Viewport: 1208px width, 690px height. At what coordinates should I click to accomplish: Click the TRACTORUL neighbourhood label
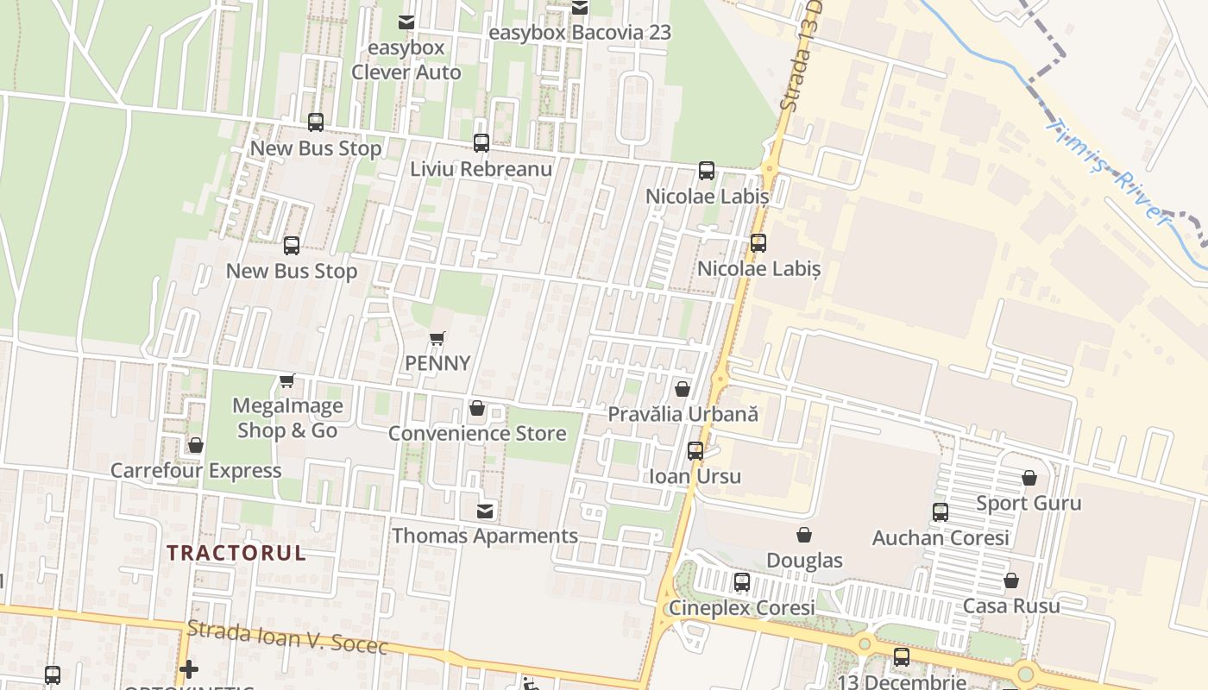(236, 553)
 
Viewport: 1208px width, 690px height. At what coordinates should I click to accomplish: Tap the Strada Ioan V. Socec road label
(287, 637)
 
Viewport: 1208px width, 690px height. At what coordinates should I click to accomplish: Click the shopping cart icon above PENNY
(437, 338)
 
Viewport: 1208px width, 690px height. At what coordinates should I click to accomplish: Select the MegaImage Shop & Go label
(287, 417)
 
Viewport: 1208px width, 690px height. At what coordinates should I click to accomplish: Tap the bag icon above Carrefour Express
(196, 445)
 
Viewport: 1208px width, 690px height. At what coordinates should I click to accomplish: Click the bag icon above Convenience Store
(476, 408)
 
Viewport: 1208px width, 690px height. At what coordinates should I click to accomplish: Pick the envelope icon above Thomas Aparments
(485, 511)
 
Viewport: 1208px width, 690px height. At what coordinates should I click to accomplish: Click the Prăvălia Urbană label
(683, 414)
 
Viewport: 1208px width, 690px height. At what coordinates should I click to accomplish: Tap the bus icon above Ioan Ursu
(695, 451)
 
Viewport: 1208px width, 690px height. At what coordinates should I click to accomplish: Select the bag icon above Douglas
(804, 535)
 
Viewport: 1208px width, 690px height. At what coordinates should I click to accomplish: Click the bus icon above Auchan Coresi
(941, 512)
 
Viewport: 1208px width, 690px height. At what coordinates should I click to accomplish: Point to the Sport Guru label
(1029, 503)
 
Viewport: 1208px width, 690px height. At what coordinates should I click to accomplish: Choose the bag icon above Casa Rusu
(1010, 580)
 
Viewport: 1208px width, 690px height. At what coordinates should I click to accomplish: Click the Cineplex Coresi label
(742, 608)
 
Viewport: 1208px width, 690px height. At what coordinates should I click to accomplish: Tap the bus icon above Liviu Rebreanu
(481, 143)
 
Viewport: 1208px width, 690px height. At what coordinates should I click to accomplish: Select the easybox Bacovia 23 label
(579, 33)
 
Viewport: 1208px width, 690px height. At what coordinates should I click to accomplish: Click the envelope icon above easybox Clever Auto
(406, 22)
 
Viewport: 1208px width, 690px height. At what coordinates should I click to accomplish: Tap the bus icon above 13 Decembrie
(902, 657)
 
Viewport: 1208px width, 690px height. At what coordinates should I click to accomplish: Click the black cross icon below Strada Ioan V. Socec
(189, 668)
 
